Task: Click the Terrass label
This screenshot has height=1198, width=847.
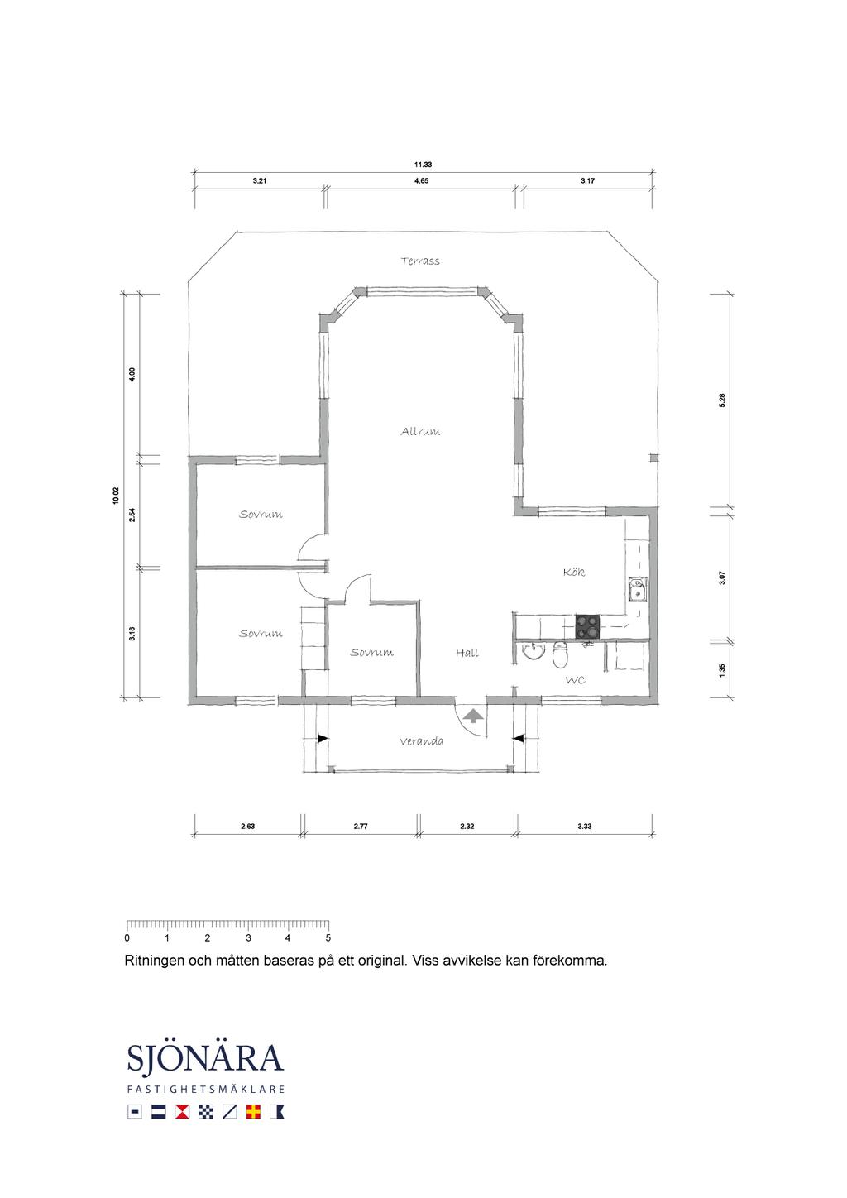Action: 420,261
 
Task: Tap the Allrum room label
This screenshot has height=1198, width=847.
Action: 420,431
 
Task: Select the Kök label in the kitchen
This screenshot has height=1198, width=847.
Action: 574,572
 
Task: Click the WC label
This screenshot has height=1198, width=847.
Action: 576,680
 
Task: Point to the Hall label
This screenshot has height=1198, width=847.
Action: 467,653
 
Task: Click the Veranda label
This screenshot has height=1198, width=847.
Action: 421,741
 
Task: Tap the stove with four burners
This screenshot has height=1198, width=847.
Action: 587,627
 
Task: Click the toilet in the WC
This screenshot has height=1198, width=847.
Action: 560,654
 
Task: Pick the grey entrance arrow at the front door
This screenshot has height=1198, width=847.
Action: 472,715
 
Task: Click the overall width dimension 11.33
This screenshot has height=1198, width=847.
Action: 423,165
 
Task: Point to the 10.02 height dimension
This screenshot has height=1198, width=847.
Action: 116,496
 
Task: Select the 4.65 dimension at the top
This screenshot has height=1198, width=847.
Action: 421,180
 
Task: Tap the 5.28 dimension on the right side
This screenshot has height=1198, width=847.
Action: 722,400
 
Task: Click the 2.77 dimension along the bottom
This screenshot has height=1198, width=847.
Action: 361,826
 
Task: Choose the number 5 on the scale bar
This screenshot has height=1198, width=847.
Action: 328,937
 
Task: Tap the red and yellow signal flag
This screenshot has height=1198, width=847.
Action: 253,1112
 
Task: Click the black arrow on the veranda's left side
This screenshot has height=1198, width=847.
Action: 323,739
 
